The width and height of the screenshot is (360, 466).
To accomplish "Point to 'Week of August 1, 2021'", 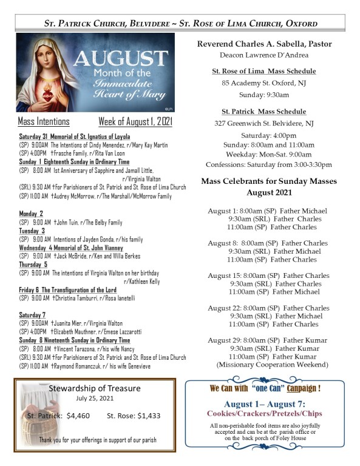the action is [135, 121].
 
